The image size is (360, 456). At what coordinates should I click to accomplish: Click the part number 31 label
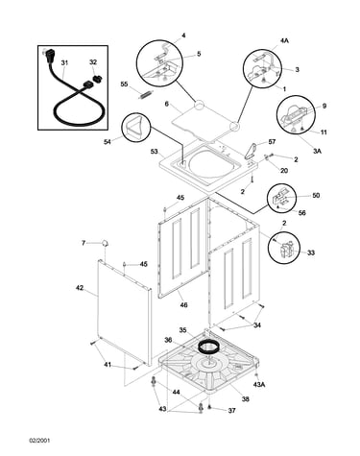[x=64, y=63]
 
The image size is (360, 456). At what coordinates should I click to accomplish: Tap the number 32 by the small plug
[x=93, y=62]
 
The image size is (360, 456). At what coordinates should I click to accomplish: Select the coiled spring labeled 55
[x=146, y=95]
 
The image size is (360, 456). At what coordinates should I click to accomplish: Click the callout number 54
[x=108, y=141]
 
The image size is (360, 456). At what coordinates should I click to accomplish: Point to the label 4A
[x=284, y=41]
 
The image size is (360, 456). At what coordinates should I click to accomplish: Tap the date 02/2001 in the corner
[x=39, y=441]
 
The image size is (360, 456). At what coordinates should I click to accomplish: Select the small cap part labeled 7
[x=105, y=243]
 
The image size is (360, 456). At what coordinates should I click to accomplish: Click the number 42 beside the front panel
[x=80, y=288]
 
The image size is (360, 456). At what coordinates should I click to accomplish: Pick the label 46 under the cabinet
[x=183, y=305]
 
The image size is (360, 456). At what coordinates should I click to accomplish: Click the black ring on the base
[x=208, y=347]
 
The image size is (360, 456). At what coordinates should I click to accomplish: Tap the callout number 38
[x=246, y=399]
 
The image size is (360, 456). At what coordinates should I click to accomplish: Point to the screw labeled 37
[x=209, y=407]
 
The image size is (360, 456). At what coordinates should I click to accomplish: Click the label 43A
[x=259, y=384]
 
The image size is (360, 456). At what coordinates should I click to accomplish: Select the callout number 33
[x=311, y=252]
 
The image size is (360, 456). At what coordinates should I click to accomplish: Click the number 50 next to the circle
[x=316, y=195]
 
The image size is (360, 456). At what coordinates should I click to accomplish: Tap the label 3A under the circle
[x=317, y=151]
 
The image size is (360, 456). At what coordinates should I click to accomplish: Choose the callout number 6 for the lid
[x=166, y=104]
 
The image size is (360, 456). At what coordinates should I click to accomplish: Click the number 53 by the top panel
[x=155, y=151]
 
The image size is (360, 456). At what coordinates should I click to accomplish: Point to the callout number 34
[x=257, y=325]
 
